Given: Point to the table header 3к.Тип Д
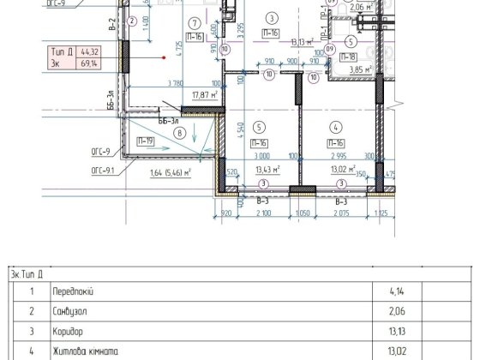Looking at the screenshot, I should tap(27, 274).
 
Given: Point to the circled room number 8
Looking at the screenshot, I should tap(179, 133).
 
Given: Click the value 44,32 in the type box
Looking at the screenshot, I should tap(88, 53).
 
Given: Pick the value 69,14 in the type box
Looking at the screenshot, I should tap(88, 63).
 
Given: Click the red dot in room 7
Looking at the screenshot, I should tap(165, 57).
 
